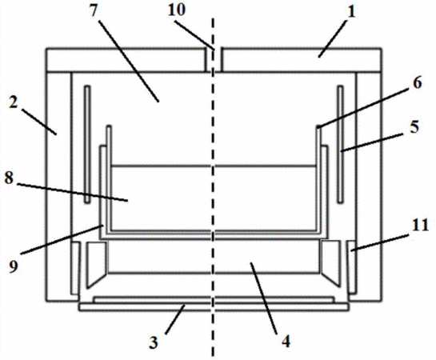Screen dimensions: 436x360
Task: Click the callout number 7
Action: coord(94,11)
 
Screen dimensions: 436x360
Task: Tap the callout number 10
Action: coord(177,10)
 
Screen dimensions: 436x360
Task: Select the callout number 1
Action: coord(351,13)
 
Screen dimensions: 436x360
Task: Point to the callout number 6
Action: coord(417,82)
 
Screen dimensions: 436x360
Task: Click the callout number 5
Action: coord(414,126)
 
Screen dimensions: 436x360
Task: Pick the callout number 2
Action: coord(13,103)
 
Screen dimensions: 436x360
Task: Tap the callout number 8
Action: coord(9,178)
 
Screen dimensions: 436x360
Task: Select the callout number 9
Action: coord(13,266)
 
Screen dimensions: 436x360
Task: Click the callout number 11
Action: coord(420,225)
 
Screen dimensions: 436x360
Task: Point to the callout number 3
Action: coord(154,342)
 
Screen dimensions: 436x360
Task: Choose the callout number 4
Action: coord(286,341)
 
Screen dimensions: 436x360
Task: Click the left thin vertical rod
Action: coord(87,144)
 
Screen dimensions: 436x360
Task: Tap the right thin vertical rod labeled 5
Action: coord(340,144)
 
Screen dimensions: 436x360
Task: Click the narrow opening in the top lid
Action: coord(214,60)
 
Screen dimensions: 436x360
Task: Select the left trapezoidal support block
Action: coord(97,264)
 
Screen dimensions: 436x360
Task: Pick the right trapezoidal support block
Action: coord(330,263)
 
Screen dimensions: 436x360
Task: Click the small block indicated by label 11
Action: coord(352,266)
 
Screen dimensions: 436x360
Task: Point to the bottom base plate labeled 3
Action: coord(214,307)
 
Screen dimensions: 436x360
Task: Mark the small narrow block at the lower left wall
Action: coord(75,268)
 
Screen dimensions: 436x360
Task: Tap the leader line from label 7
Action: coord(128,61)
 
